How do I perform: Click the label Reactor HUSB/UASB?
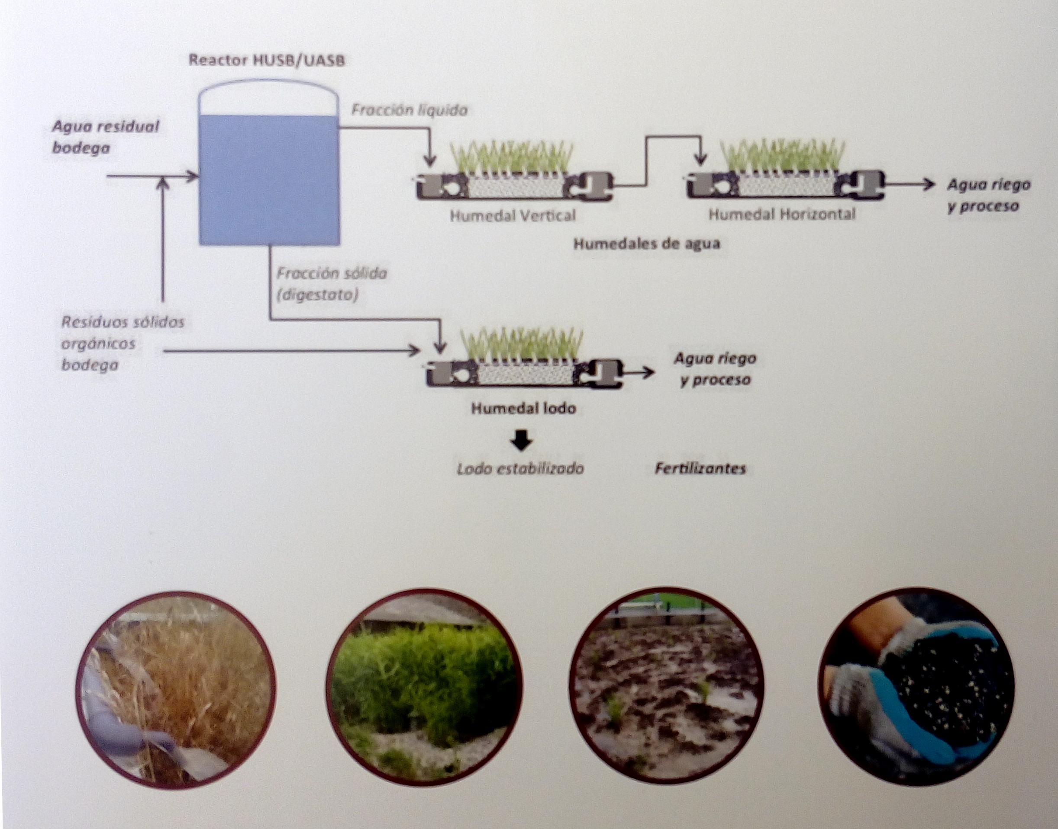[x=267, y=60]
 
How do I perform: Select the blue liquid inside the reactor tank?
[x=269, y=179]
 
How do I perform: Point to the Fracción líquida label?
[x=409, y=110]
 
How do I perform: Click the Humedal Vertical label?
[x=513, y=215]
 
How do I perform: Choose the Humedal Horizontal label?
[x=782, y=214]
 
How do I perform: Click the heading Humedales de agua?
[x=647, y=243]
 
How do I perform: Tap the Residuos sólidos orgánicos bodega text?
[x=123, y=343]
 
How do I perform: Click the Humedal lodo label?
[x=524, y=408]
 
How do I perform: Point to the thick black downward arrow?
[x=522, y=439]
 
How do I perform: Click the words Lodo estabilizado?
[x=520, y=468]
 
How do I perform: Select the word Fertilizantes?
[x=700, y=468]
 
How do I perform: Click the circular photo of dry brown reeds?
[x=176, y=689]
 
